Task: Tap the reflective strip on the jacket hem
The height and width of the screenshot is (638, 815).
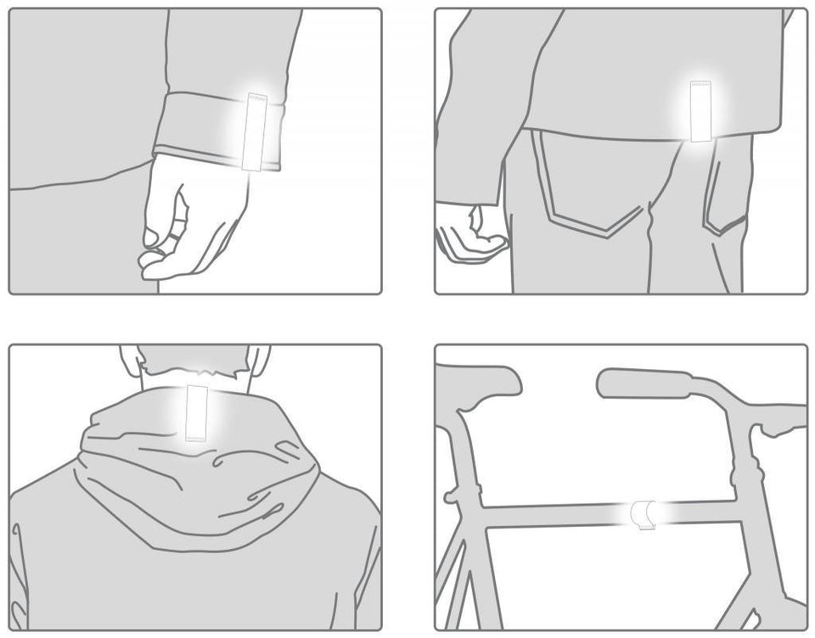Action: tap(700, 111)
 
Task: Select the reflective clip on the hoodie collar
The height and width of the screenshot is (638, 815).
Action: tap(197, 412)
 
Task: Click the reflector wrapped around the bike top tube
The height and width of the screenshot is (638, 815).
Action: tap(643, 515)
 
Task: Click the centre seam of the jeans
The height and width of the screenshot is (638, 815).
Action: tap(650, 246)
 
